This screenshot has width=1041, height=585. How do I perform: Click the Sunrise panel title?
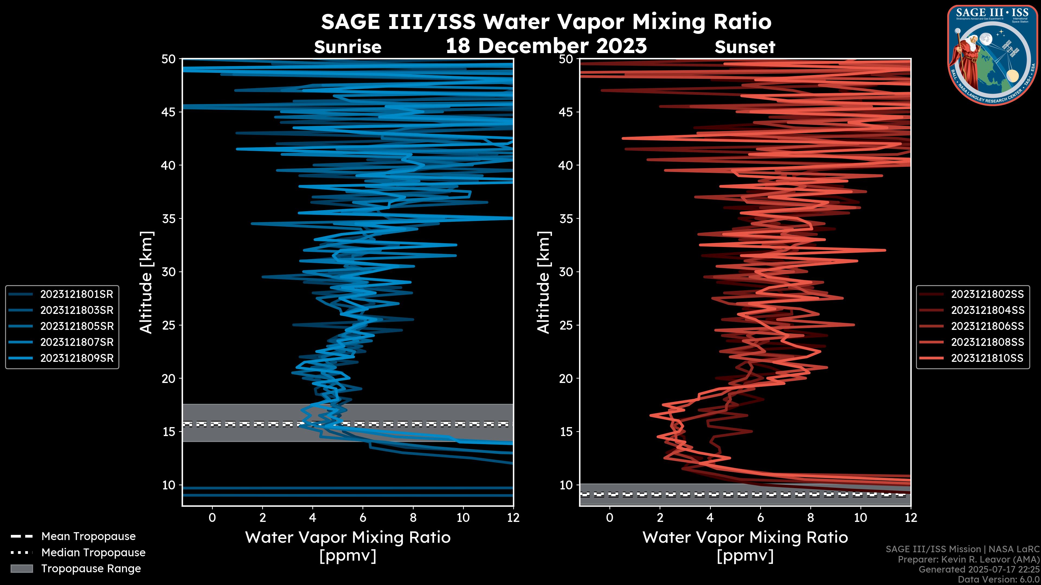(348, 47)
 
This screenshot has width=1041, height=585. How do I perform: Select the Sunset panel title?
(745, 47)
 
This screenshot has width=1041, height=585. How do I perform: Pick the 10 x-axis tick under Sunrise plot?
(463, 518)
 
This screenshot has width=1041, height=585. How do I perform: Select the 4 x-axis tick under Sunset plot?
(710, 518)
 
